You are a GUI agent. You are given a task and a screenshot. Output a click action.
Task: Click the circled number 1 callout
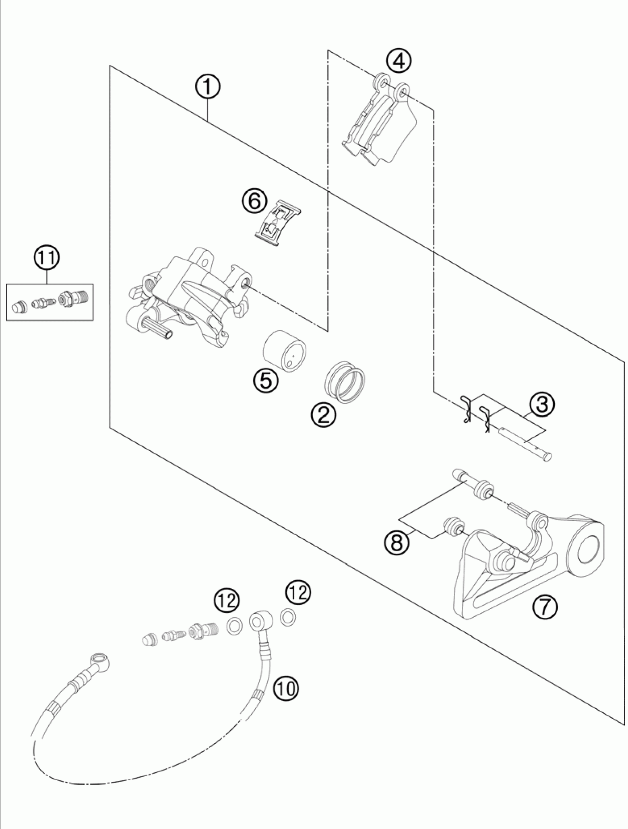(x=208, y=87)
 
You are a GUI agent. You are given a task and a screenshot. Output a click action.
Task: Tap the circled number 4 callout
(x=399, y=61)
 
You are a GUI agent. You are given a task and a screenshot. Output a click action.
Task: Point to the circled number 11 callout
(x=47, y=259)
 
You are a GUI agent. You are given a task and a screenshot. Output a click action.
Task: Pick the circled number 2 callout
(x=324, y=414)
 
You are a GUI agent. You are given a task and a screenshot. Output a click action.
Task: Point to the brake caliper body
(x=189, y=298)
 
